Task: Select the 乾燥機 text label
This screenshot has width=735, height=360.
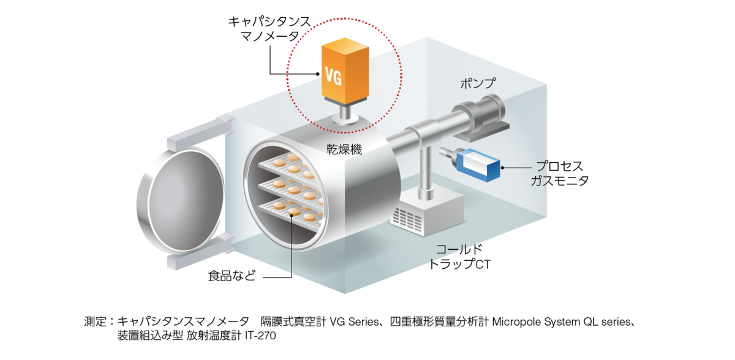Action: (x=344, y=149)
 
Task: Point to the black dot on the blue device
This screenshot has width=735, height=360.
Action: (x=503, y=167)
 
